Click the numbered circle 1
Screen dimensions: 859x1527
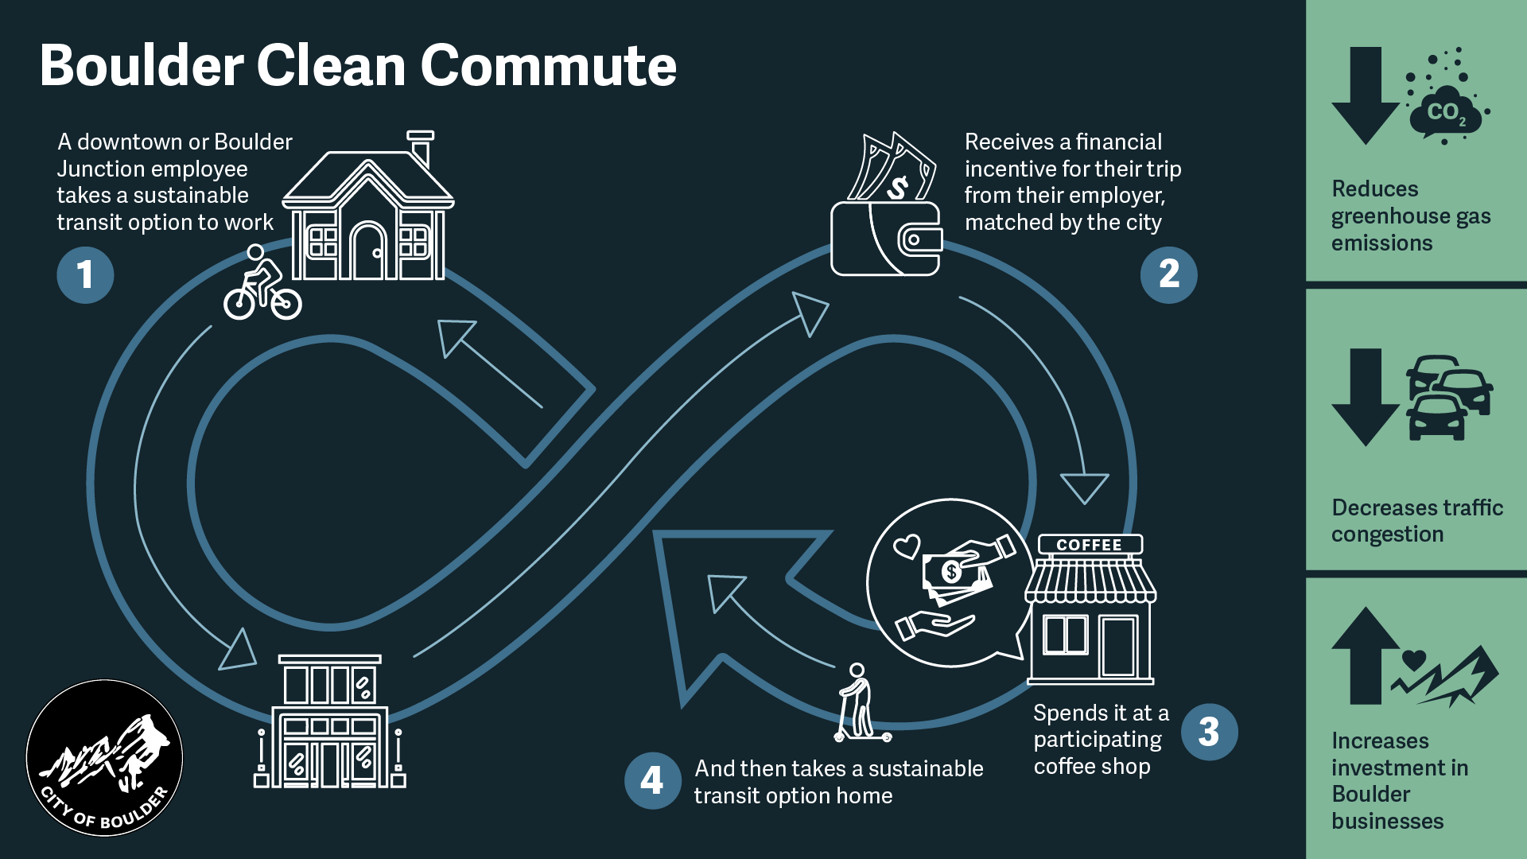[85, 275]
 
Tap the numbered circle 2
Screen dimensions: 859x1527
[1168, 275]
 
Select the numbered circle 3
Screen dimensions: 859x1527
[1209, 732]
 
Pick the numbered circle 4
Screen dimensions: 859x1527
[652, 780]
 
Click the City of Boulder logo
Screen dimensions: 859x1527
[104, 757]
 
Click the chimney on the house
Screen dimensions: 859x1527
[421, 148]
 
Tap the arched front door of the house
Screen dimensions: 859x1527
[367, 251]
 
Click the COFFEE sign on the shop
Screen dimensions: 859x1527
[1090, 545]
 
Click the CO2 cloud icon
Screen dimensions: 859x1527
[1445, 111]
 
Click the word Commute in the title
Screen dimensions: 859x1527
[548, 65]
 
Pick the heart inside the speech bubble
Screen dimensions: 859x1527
[906, 546]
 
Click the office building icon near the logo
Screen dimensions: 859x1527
[329, 721]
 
